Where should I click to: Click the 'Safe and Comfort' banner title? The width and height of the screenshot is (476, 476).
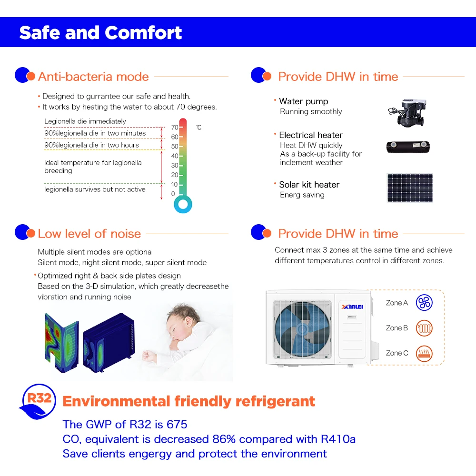[x=100, y=33]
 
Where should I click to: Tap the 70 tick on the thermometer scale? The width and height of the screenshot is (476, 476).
[x=175, y=128]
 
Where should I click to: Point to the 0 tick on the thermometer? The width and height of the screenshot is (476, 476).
[x=173, y=194]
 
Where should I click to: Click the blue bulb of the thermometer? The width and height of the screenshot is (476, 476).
[x=183, y=205]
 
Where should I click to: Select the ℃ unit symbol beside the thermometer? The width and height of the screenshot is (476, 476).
[x=198, y=128]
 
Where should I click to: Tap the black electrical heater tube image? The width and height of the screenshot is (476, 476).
[x=409, y=147]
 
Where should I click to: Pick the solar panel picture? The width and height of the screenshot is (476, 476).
[x=409, y=187]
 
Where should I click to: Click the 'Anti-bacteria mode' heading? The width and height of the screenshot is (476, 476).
[x=93, y=77]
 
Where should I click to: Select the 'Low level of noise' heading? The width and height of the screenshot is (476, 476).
[x=89, y=234]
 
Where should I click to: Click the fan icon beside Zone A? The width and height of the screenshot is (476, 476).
[x=424, y=302]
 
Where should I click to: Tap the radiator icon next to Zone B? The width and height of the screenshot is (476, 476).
[x=424, y=328]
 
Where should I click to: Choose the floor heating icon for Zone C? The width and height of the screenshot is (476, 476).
[x=424, y=353]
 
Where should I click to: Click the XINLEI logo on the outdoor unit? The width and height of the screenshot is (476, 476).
[x=353, y=307]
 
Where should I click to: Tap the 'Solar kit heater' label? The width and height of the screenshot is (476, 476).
[x=309, y=185]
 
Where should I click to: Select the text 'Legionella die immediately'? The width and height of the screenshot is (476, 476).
[x=85, y=121]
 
